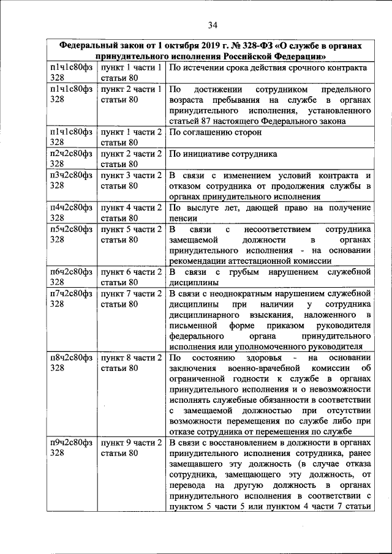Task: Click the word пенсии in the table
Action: tap(183, 217)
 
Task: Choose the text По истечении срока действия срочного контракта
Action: tap(268, 67)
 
